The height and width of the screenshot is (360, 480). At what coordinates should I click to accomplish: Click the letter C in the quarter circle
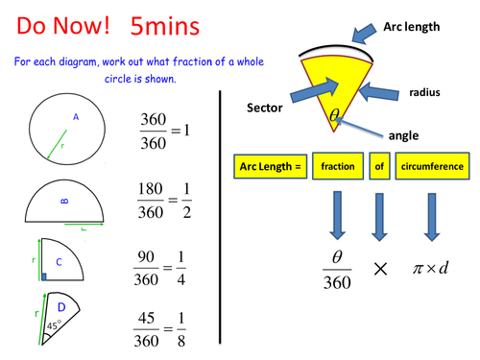click(59, 259)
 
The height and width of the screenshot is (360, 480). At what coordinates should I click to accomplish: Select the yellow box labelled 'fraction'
click(339, 167)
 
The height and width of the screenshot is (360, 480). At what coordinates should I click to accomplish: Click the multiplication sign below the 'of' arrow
click(381, 269)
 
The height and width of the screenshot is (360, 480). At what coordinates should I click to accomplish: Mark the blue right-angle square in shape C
click(43, 276)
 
